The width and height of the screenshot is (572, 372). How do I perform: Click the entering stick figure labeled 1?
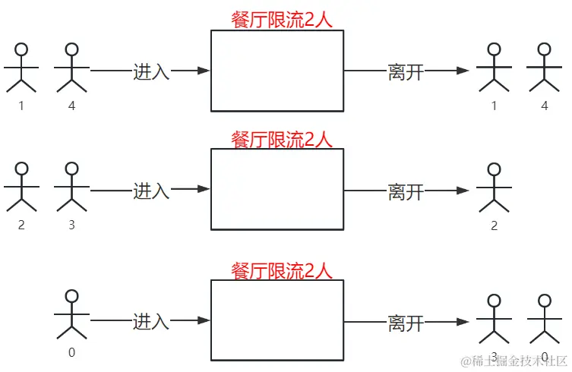pyautogui.click(x=21, y=68)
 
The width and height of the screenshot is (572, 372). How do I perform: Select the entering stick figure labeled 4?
pyautogui.click(x=71, y=68)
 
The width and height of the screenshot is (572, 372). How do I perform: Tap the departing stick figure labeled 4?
pyautogui.click(x=544, y=68)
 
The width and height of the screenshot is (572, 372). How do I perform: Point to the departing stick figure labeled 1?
pyautogui.click(x=494, y=68)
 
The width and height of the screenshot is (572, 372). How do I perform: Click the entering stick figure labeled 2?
pyautogui.click(x=21, y=187)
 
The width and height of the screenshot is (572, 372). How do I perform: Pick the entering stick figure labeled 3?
pyautogui.click(x=71, y=187)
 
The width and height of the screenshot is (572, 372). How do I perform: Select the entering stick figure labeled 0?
pyautogui.click(x=71, y=314)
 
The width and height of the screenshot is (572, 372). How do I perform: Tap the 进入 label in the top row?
pyautogui.click(x=151, y=71)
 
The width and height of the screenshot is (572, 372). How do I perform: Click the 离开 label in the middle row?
pyautogui.click(x=405, y=191)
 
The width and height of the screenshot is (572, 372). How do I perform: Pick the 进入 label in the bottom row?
pyautogui.click(x=151, y=321)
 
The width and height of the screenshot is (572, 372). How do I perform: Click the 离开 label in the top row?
pyautogui.click(x=405, y=71)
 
